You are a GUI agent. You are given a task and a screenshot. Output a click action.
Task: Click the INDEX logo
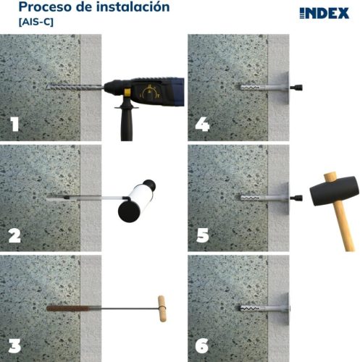pos(324,13)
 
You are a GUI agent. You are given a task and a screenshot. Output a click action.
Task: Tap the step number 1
pos(14,124)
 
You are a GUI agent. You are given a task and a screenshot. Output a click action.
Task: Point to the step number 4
pos(203,124)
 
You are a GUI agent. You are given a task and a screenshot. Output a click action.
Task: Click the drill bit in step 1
pos(72,86)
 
